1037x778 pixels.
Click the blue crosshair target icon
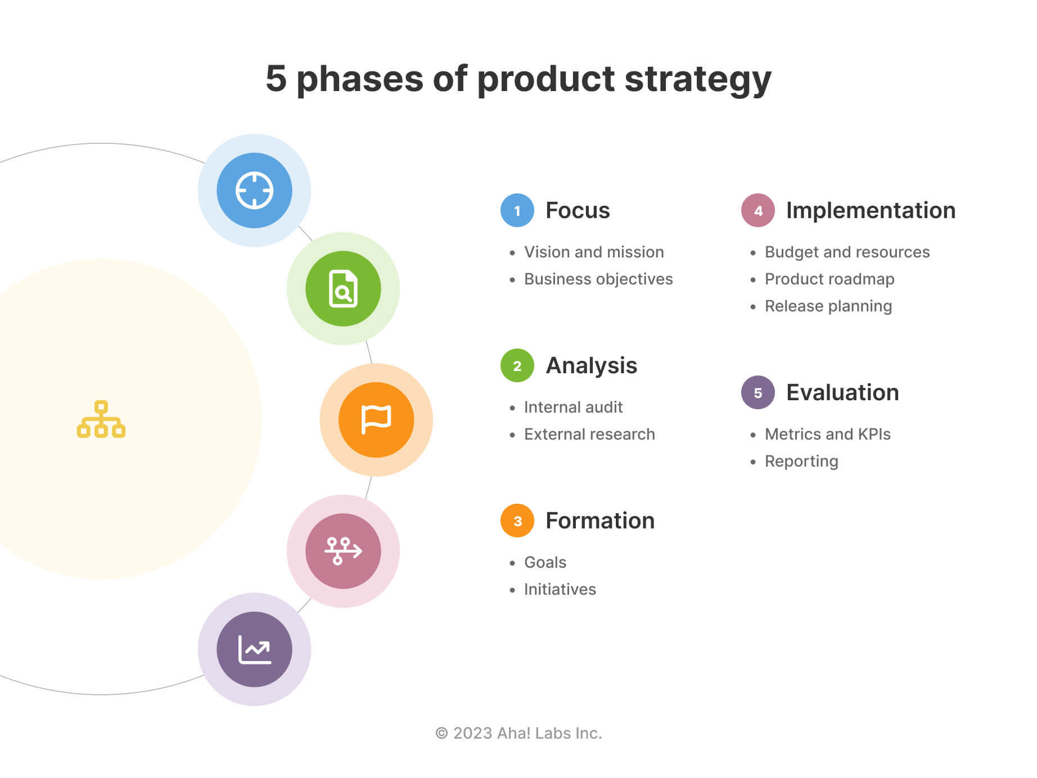[x=254, y=191]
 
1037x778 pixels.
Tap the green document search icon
[x=343, y=288]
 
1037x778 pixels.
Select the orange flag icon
[x=376, y=420]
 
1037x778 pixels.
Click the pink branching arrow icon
[x=343, y=551]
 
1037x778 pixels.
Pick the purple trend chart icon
[x=254, y=649]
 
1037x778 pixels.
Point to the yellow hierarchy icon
[x=101, y=419]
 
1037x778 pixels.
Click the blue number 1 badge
[x=517, y=211]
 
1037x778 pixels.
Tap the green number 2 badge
[x=517, y=366]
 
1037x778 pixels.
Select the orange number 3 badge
[x=517, y=521]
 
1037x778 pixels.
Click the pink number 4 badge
[x=758, y=211]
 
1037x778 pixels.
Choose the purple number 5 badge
[x=758, y=393]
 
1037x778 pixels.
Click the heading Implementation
[x=871, y=211]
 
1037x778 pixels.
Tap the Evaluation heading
[x=842, y=393]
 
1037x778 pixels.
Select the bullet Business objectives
[x=598, y=279]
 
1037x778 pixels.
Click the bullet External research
[x=589, y=435]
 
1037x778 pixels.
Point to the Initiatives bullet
[x=560, y=590]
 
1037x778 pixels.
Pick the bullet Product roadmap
[x=829, y=279]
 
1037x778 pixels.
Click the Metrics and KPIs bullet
[x=827, y=435]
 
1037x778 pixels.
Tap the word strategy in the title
[x=697, y=79]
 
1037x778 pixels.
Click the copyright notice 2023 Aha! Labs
[x=518, y=734]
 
